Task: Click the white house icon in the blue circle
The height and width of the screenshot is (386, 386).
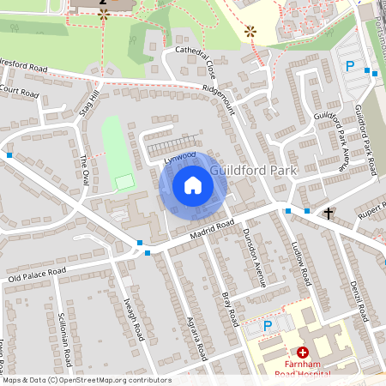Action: click(193, 185)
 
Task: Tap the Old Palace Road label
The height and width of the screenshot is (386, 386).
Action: click(37, 275)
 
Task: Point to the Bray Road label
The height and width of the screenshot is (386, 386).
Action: click(227, 308)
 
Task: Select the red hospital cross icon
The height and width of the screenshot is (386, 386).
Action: click(302, 353)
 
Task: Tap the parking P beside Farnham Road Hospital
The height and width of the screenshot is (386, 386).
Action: click(267, 325)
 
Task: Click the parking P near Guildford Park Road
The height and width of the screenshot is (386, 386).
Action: click(349, 66)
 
